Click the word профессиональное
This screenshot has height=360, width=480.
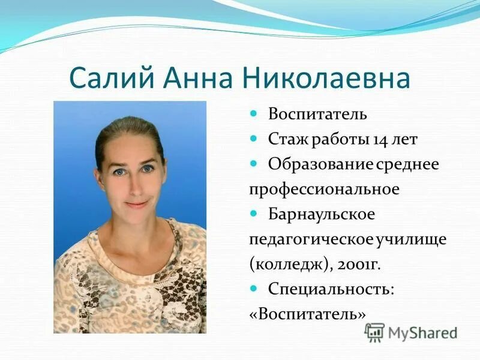(324, 189)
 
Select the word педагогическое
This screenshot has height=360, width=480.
(311, 239)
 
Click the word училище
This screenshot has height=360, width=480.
(411, 239)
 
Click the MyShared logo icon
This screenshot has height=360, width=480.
(374, 332)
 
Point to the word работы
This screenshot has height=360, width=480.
(337, 140)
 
